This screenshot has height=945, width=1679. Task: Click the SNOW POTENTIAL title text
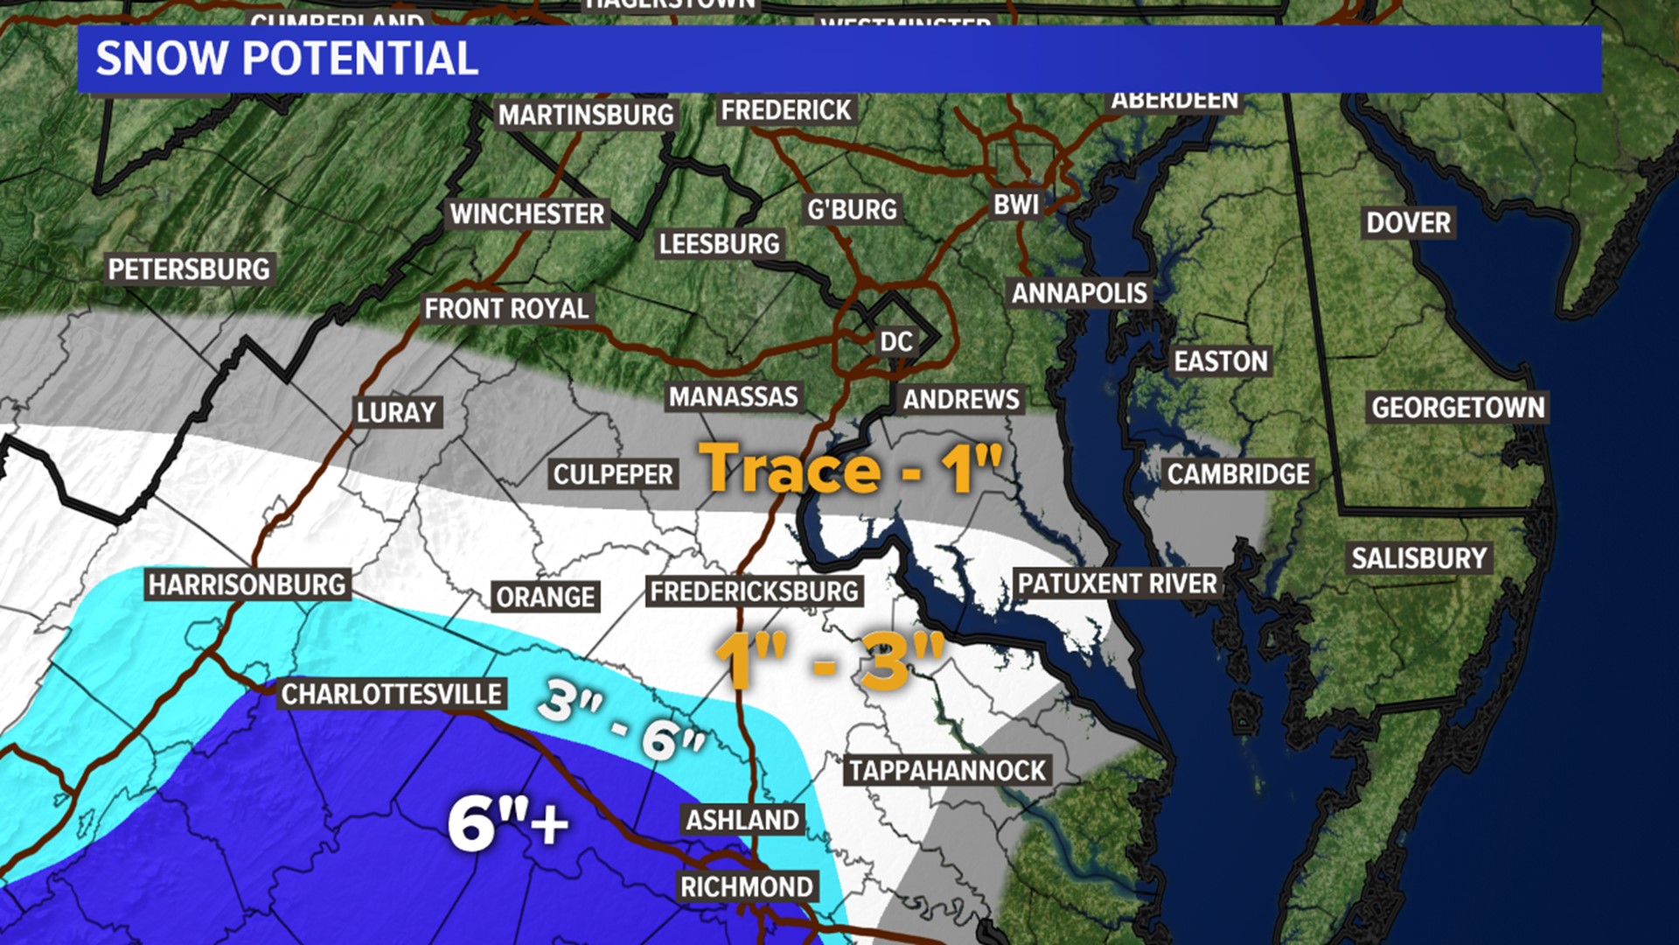pos(287,59)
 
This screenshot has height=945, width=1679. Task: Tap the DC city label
pos(896,341)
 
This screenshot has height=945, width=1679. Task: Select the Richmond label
pos(747,886)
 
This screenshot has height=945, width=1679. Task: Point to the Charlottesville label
pos(391,695)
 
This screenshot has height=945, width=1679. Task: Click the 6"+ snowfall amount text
pos(508,822)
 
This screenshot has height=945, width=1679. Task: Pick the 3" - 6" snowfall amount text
pos(622,719)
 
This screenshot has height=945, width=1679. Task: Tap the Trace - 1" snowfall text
pos(850,468)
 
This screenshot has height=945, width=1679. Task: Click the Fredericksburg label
pos(754,591)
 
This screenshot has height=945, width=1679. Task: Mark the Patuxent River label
pos(1117,584)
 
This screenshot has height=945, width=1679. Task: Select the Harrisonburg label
pos(247,584)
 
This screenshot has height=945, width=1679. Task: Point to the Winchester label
pos(527,213)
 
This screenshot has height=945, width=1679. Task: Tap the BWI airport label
pos(1016,205)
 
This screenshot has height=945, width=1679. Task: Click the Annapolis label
pos(1079,293)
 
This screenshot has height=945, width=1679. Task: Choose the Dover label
pos(1408,223)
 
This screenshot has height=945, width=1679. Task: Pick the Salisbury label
pos(1418,558)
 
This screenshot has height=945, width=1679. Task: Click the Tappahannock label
pos(948,771)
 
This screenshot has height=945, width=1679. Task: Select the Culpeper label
pos(614,474)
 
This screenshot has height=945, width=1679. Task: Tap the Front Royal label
pos(506,309)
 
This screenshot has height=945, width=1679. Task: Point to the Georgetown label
pos(1458,408)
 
